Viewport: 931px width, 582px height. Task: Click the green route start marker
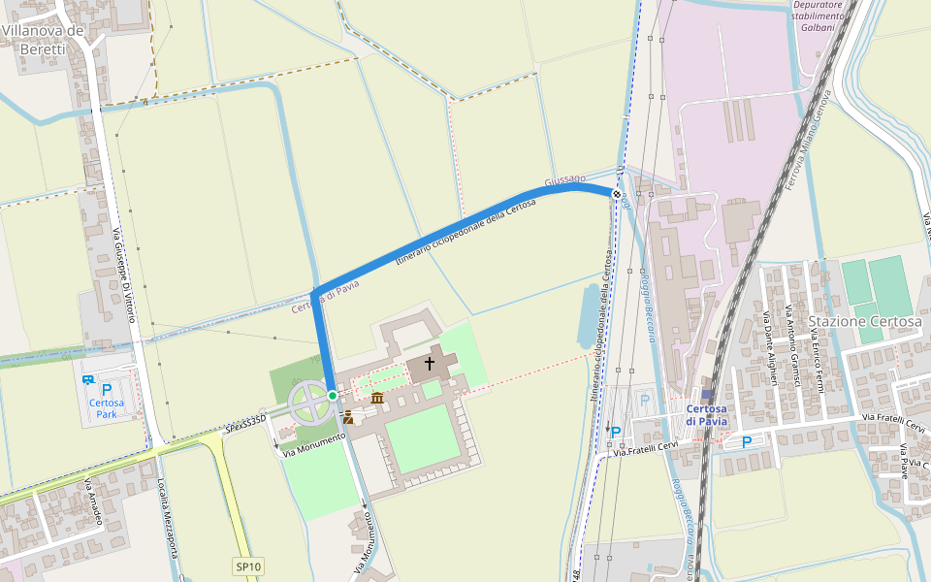coord(333,396)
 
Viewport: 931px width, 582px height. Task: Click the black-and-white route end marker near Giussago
coord(616,193)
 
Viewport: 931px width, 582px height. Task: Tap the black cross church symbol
coord(430,364)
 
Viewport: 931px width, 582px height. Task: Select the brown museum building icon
coord(377,398)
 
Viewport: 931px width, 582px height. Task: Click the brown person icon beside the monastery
coord(348,417)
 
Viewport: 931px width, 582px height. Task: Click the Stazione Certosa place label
coord(864,321)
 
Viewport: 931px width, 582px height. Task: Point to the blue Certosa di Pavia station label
coord(706,414)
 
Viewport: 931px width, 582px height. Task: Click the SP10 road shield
coord(248,566)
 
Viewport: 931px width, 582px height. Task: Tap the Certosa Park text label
coord(106,408)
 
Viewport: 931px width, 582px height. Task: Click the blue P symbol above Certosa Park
coord(107,389)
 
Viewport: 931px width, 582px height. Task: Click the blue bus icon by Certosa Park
coord(88,380)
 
